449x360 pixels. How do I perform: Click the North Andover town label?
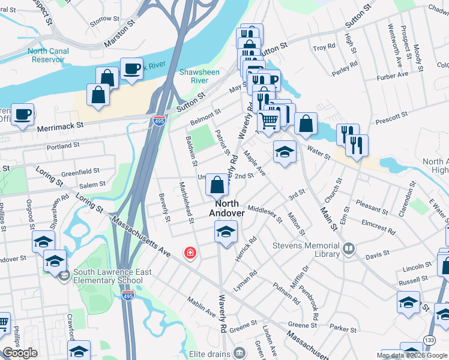pyautogui.click(x=227, y=208)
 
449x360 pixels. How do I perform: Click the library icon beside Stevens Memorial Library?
pyautogui.click(x=349, y=248)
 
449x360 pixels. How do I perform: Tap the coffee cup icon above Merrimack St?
pyautogui.click(x=23, y=114)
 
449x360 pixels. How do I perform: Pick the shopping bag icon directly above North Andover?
pyautogui.click(x=217, y=185)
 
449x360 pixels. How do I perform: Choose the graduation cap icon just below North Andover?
pyautogui.click(x=226, y=232)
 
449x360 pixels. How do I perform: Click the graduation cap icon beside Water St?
pyautogui.click(x=285, y=151)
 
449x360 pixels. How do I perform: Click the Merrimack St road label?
pyautogui.click(x=58, y=127)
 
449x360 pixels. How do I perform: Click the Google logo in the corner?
pyautogui.click(x=20, y=353)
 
